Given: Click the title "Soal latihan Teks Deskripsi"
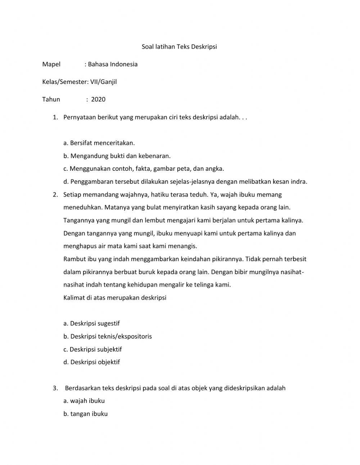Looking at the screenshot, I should click(x=179, y=47).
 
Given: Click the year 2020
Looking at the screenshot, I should click(x=98, y=99).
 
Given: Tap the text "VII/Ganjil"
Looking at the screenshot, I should click(x=103, y=82).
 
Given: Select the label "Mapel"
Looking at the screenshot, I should click(x=51, y=64).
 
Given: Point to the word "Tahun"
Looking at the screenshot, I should click(x=51, y=99).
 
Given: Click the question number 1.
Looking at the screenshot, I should click(x=55, y=117).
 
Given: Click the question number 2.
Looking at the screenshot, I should click(x=55, y=195).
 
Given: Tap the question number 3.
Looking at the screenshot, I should click(x=55, y=388).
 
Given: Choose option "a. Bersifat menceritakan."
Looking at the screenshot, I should click(x=99, y=143).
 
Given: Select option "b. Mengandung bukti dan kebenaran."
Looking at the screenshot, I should click(x=117, y=156).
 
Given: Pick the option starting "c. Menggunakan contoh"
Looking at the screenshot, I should click(x=144, y=169).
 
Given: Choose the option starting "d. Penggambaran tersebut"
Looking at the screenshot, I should click(x=185, y=182).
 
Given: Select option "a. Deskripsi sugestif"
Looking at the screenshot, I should click(x=91, y=323).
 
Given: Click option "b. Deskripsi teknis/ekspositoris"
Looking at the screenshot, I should click(x=108, y=336).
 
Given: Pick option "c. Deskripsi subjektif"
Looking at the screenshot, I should click(x=93, y=349).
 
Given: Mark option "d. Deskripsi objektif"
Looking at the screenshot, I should click(x=91, y=362).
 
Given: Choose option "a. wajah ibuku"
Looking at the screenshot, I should click(x=84, y=401).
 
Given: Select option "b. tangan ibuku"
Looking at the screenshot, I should click(x=85, y=414).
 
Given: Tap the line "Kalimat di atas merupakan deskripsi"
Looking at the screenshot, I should click(x=115, y=298).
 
